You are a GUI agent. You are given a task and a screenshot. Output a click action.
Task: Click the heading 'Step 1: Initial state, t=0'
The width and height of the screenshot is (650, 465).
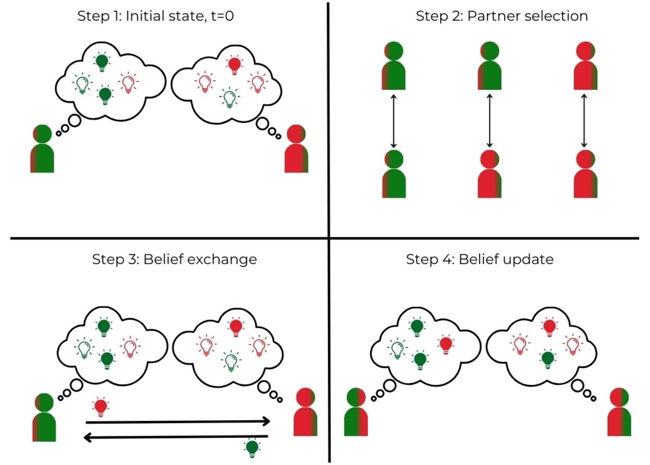155,16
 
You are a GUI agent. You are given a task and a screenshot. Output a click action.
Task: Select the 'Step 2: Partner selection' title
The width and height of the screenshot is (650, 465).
502,16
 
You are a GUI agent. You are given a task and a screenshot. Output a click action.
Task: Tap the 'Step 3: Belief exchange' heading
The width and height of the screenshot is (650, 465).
174,259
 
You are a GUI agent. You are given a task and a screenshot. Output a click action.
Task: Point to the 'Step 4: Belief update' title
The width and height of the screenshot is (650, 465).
479,259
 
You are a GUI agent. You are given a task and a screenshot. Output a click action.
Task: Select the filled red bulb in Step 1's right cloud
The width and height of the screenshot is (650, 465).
234,65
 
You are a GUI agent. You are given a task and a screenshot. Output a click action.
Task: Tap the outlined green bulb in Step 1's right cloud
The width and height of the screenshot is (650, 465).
229,98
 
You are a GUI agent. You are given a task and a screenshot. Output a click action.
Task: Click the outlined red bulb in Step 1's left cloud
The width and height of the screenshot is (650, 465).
128,83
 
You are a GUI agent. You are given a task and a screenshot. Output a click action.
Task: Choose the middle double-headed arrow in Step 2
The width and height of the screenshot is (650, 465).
489,120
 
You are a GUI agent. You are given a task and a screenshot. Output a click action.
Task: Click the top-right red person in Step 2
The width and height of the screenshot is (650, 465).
585,66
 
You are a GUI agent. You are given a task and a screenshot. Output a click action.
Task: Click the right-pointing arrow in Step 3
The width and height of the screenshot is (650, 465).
178,422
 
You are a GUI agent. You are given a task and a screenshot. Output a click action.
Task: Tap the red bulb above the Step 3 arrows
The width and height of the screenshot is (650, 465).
100,407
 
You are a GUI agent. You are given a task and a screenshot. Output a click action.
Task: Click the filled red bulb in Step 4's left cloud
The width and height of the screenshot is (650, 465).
446,345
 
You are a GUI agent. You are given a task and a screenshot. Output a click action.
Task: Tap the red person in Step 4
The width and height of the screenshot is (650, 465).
619,412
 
